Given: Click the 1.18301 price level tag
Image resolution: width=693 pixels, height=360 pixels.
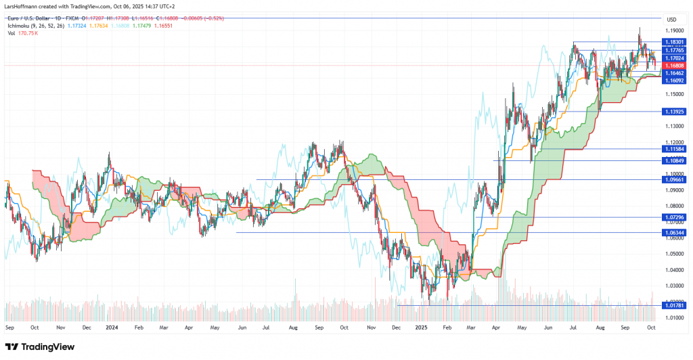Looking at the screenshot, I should pyautogui.click(x=673, y=42).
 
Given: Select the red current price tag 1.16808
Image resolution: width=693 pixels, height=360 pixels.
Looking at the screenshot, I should pyautogui.click(x=673, y=66).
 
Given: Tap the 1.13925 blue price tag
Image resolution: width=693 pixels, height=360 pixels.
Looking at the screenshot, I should pyautogui.click(x=673, y=111).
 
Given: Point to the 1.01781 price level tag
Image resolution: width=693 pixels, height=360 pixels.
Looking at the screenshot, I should pyautogui.click(x=673, y=305).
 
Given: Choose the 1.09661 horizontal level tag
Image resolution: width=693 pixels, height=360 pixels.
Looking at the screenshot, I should pyautogui.click(x=673, y=180).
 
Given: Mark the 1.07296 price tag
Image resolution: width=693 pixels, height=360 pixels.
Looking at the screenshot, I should pyautogui.click(x=673, y=217).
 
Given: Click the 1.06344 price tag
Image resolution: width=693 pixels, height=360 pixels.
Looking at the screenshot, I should pyautogui.click(x=673, y=232).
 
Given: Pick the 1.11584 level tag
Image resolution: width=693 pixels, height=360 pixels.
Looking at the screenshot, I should pyautogui.click(x=673, y=148).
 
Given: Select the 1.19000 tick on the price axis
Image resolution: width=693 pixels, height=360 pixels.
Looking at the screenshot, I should pyautogui.click(x=674, y=30).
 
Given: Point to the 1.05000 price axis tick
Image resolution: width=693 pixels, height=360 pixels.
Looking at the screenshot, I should pyautogui.click(x=674, y=254).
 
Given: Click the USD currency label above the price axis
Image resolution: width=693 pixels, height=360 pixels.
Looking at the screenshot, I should pyautogui.click(x=671, y=19).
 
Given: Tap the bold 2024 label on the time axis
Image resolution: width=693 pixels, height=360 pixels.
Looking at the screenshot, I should pyautogui.click(x=112, y=327).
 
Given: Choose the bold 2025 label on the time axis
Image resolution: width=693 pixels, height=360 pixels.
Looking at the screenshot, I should pyautogui.click(x=420, y=327).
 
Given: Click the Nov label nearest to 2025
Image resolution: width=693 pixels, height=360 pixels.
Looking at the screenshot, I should pyautogui.click(x=370, y=327).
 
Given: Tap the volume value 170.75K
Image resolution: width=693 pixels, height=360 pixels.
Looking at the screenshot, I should pyautogui.click(x=28, y=32).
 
